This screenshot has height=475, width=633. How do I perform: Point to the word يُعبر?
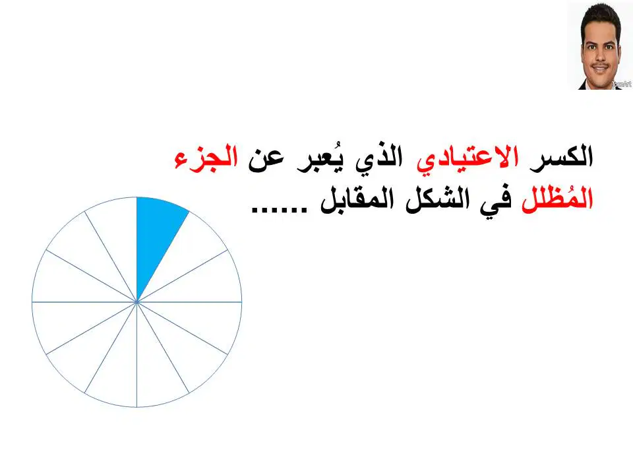pyautogui.click(x=318, y=158)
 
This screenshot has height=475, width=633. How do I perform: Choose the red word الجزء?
pyautogui.click(x=206, y=158)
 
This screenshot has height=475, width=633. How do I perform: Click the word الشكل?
pyautogui.click(x=437, y=199)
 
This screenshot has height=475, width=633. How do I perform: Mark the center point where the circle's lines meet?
pyautogui.click(x=137, y=301)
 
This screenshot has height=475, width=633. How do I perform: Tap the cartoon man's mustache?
pyautogui.click(x=600, y=65)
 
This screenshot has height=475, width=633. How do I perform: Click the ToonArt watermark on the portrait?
pyautogui.click(x=621, y=84)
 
